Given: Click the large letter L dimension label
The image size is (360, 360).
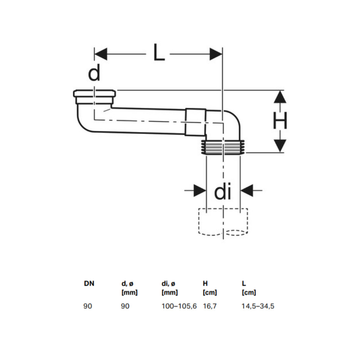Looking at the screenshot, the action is [159, 52].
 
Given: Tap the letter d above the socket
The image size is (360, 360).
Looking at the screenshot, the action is [94, 72].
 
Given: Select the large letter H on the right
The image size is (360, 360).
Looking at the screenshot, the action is [280, 121].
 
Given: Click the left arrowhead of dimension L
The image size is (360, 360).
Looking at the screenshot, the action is [100, 54].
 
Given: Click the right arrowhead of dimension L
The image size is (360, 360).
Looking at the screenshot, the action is [216, 54].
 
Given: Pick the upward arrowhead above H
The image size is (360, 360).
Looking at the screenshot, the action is [280, 97].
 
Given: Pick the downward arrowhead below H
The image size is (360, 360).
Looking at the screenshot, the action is [280, 146].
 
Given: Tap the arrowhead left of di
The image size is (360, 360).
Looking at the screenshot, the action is [200, 190].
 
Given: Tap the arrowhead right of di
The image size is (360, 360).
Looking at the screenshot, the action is [247, 190].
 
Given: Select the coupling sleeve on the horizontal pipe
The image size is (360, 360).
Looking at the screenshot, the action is [196, 122].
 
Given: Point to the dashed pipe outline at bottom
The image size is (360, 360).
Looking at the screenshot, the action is [223, 222].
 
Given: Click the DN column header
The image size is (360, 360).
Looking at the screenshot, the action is [89, 283].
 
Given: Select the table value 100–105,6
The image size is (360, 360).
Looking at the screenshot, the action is [179, 306].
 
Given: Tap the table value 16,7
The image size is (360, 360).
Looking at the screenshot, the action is [210, 306].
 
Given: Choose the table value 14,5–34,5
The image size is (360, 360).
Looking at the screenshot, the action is [258, 306].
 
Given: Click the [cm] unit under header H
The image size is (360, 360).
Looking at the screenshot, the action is [210, 293].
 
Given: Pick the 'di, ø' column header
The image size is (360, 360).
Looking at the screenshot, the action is [168, 284].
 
